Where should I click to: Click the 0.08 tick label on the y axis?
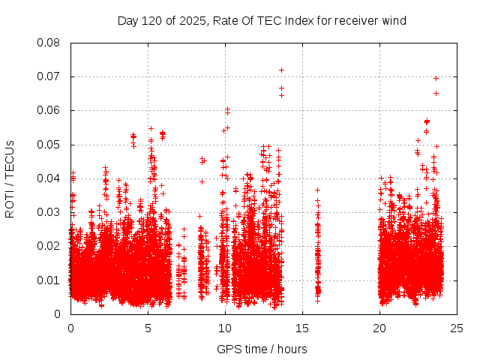tap(49, 43)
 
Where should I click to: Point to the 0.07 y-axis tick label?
tap(49, 76)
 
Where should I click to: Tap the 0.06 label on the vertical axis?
tap(49, 110)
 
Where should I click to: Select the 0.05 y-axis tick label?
tap(49, 144)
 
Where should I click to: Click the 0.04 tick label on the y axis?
tap(49, 178)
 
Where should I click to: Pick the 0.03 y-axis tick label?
tap(49, 212)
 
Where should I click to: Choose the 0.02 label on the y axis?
tap(49, 246)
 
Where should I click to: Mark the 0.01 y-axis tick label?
tap(49, 280)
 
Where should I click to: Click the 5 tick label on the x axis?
tap(148, 328)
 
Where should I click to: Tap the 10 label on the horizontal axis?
tap(225, 328)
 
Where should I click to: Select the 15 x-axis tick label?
tap(302, 328)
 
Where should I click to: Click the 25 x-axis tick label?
tap(457, 328)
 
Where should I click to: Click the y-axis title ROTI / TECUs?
tap(10, 178)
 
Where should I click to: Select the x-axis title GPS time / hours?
tap(262, 349)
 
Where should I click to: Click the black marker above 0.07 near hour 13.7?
tap(281, 70)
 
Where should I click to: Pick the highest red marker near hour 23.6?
tap(436, 78)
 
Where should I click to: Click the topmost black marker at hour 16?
tap(317, 190)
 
